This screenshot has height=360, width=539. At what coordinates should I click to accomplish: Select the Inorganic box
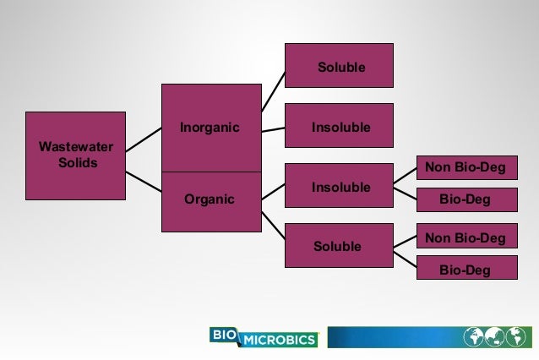click(x=211, y=128)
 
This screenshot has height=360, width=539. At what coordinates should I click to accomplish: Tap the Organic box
click(x=211, y=201)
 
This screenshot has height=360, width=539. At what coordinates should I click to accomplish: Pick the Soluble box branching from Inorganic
click(x=339, y=66)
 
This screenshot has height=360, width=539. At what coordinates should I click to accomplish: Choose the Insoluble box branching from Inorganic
click(x=339, y=127)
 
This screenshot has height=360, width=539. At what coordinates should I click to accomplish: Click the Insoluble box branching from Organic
click(x=339, y=186)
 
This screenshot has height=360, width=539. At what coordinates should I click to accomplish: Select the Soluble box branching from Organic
click(x=339, y=247)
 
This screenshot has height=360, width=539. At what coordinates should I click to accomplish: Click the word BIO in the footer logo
click(x=225, y=335)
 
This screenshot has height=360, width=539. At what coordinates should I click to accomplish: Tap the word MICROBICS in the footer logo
click(x=278, y=341)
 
